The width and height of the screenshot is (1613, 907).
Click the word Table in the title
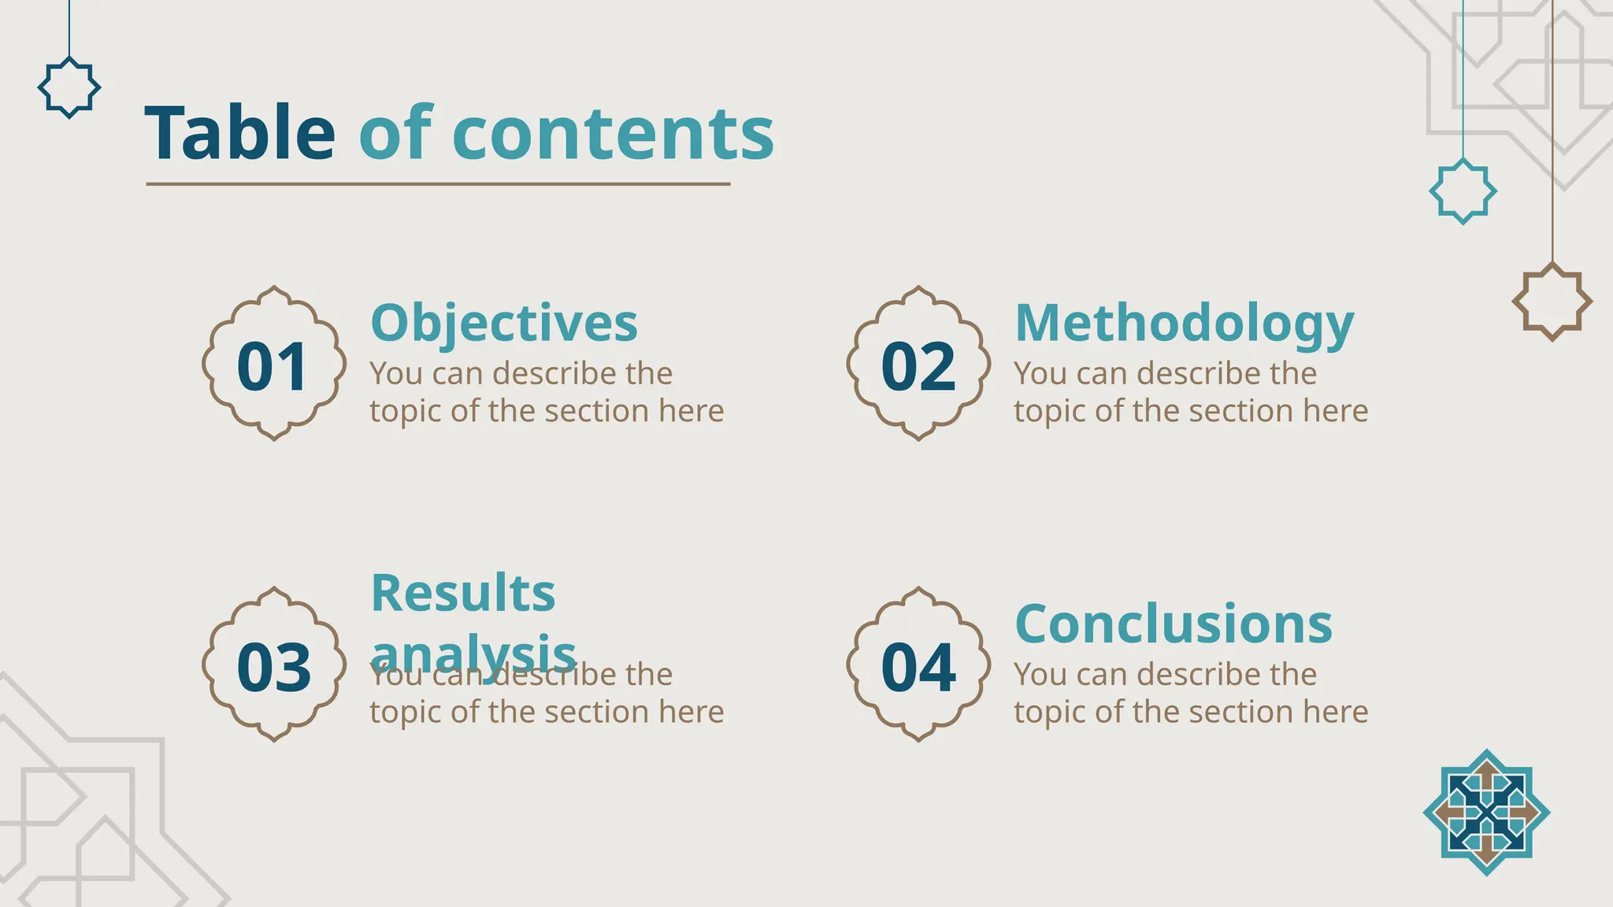240,133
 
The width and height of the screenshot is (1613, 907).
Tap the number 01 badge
273,365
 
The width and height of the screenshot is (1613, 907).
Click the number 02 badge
918,365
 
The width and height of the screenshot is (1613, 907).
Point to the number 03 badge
273,665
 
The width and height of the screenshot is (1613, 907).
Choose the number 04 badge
918,665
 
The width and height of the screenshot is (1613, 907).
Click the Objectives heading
504,324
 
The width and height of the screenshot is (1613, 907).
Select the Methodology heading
1184,324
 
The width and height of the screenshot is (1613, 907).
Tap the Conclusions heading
1174,624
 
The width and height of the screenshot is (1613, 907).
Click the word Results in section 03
463,593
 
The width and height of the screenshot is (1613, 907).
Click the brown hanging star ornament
1552,302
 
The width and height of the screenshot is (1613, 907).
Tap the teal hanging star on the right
1463,191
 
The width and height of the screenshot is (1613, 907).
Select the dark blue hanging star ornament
69,87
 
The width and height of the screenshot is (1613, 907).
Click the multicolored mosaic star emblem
1486,812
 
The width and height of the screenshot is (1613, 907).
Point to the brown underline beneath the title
438,184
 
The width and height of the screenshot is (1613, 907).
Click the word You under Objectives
395,374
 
